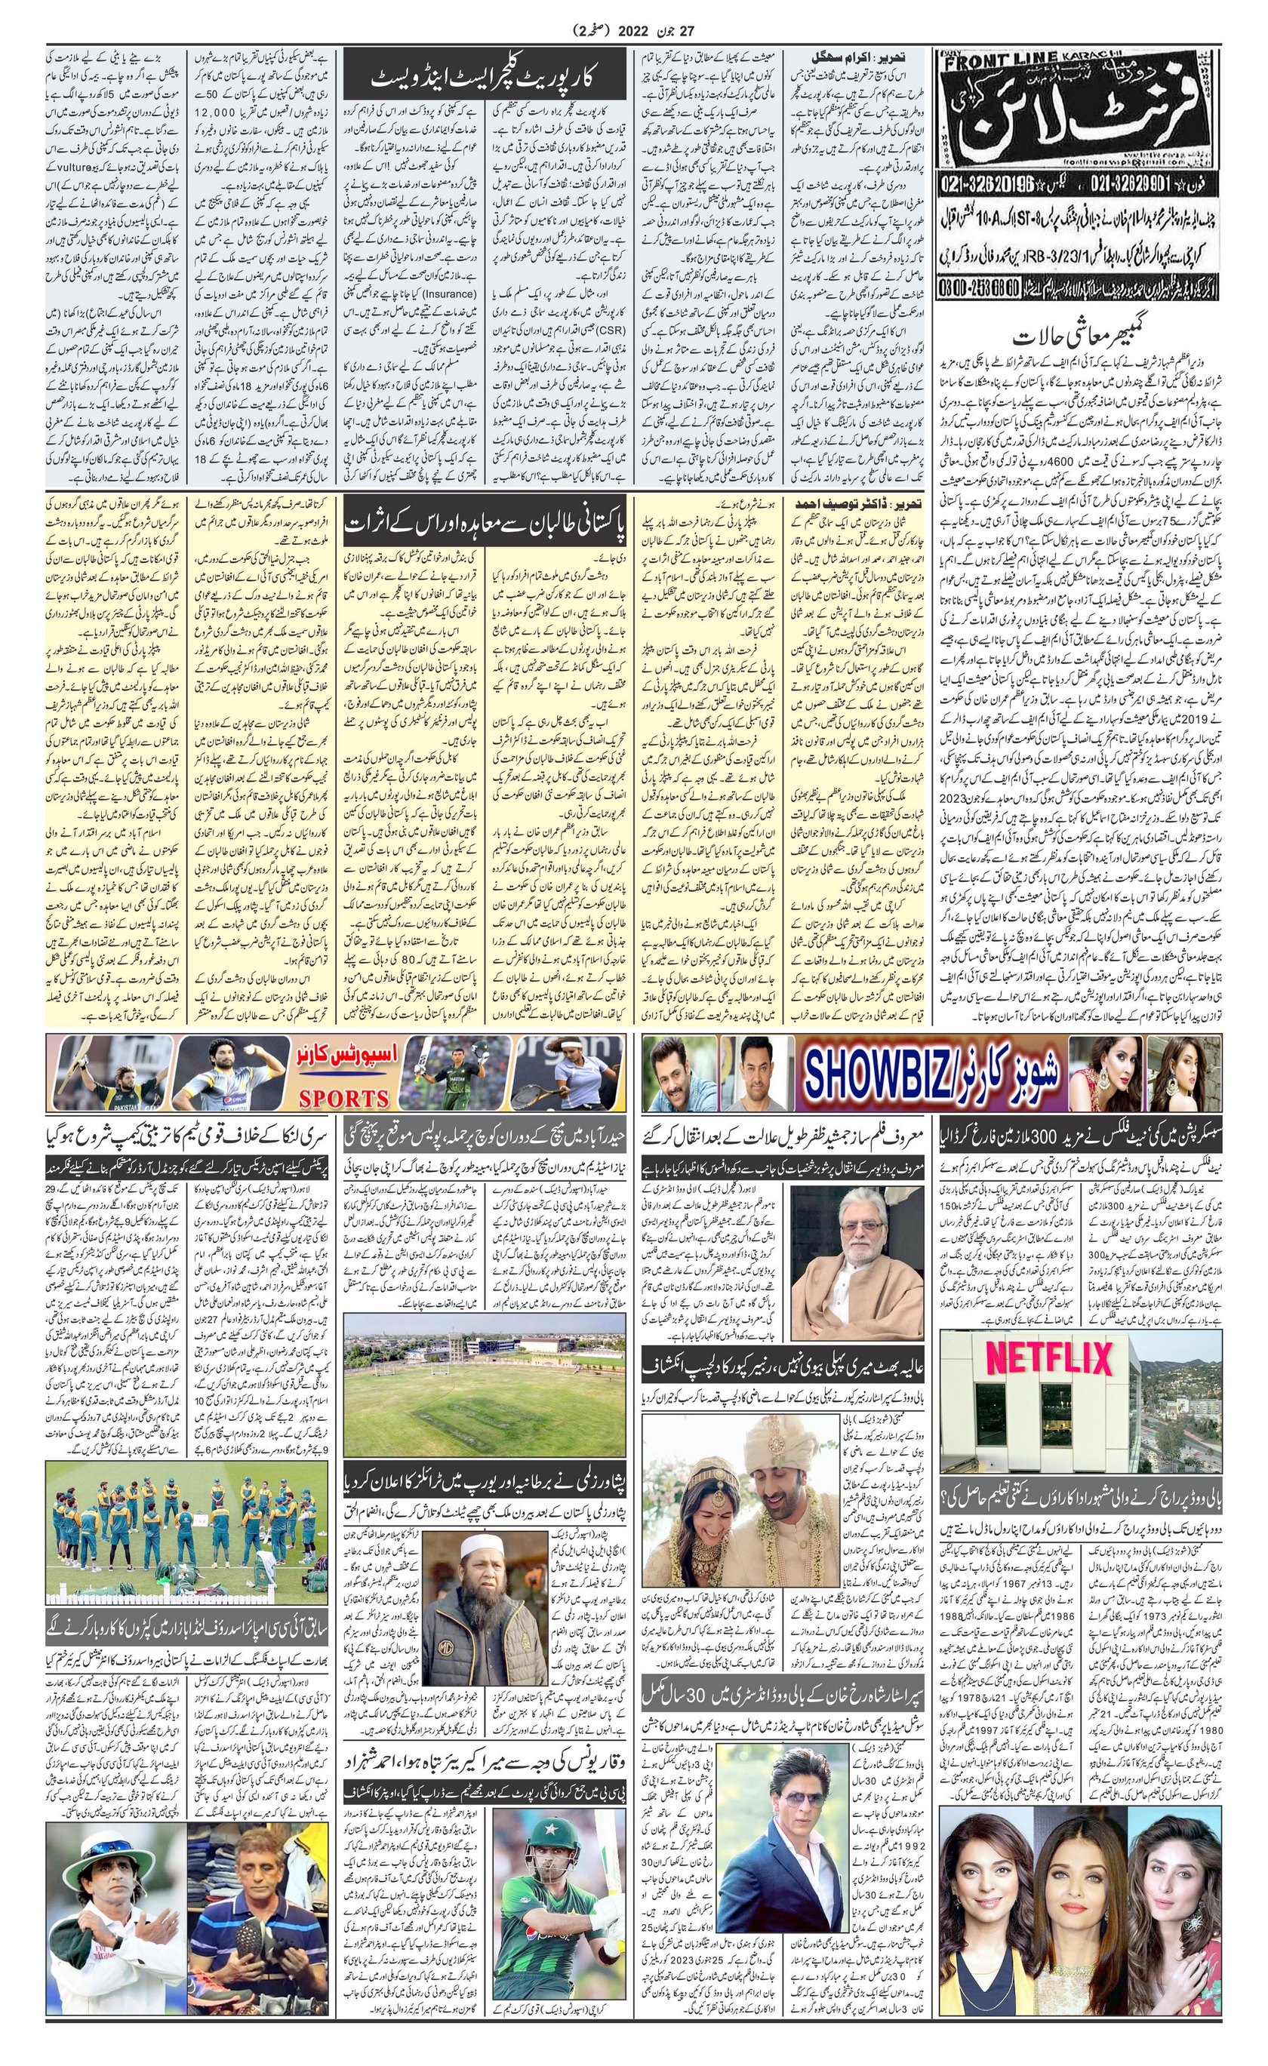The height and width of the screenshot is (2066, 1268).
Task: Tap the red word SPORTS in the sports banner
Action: click(344, 1098)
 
